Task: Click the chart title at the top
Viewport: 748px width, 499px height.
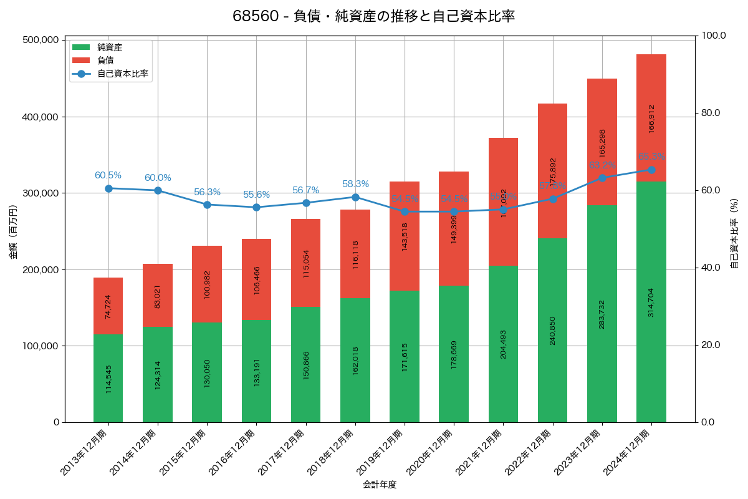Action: tap(373, 16)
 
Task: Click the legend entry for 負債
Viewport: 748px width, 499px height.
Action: tap(105, 61)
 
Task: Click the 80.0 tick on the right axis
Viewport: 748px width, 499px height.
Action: tap(710, 113)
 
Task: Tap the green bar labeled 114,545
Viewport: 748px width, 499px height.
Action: tap(108, 378)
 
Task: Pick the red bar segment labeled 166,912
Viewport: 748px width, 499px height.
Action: tap(651, 118)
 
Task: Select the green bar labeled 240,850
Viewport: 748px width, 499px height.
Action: tap(552, 330)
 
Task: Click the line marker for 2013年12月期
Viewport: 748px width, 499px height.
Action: tap(108, 188)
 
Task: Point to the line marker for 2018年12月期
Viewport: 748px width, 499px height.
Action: tap(355, 197)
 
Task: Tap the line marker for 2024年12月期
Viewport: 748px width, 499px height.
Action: tap(651, 170)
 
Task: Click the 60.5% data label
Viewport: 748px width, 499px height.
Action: tap(108, 175)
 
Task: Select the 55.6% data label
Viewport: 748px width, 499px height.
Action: tap(256, 195)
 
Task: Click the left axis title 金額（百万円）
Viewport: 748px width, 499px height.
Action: tap(12, 231)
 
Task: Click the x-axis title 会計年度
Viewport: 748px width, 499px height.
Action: tap(380, 484)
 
